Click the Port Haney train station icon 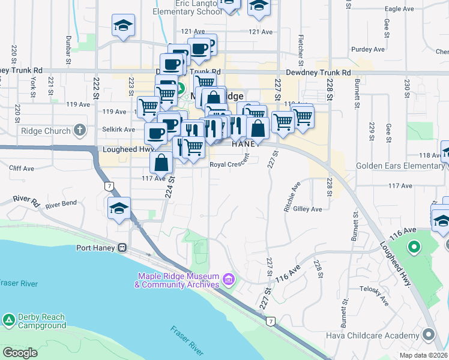[x=122, y=247]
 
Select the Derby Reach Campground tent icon [x=8, y=319]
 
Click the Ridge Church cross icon [x=79, y=130]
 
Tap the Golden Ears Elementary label [x=400, y=166]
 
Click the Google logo [x=20, y=353]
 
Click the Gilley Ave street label [x=308, y=209]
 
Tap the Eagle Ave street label [x=400, y=9]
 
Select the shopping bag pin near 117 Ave [x=161, y=162]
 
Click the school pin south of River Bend [x=119, y=209]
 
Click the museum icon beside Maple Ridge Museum [x=228, y=279]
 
